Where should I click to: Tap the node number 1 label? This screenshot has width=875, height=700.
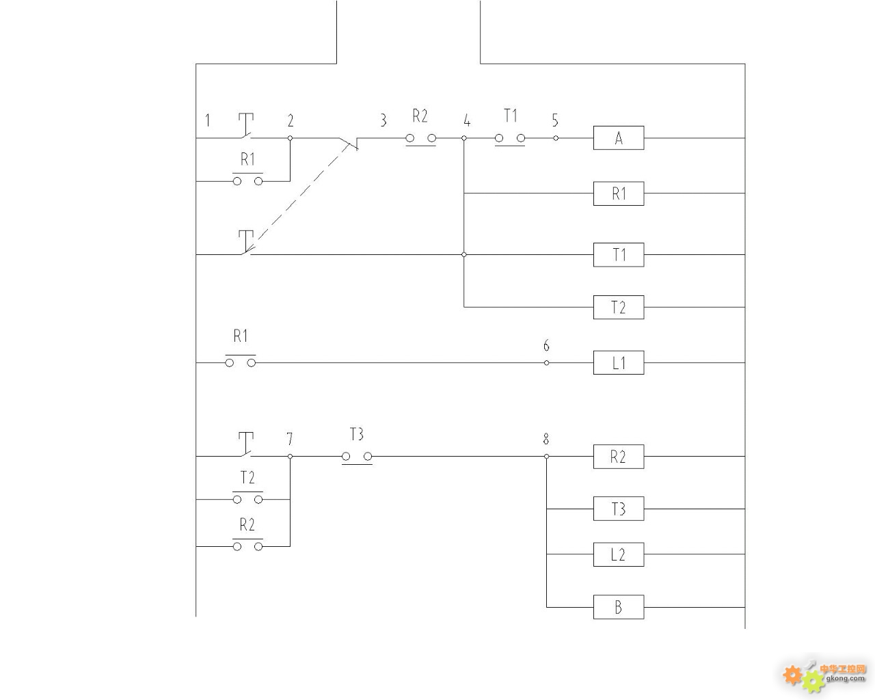(208, 120)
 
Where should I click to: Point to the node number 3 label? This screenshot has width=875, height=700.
(383, 120)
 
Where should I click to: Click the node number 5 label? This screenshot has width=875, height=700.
(555, 120)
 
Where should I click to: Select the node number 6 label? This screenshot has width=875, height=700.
(546, 345)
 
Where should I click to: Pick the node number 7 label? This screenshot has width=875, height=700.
(289, 439)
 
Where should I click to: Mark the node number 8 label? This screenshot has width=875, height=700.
(546, 439)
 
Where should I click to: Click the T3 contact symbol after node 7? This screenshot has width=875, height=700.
(357, 457)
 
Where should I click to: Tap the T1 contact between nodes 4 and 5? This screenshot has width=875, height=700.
(510, 139)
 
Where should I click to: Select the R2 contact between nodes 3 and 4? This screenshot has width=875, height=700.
(421, 139)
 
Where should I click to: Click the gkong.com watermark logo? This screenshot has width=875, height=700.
(824, 677)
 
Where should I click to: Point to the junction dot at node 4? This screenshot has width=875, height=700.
(464, 138)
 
